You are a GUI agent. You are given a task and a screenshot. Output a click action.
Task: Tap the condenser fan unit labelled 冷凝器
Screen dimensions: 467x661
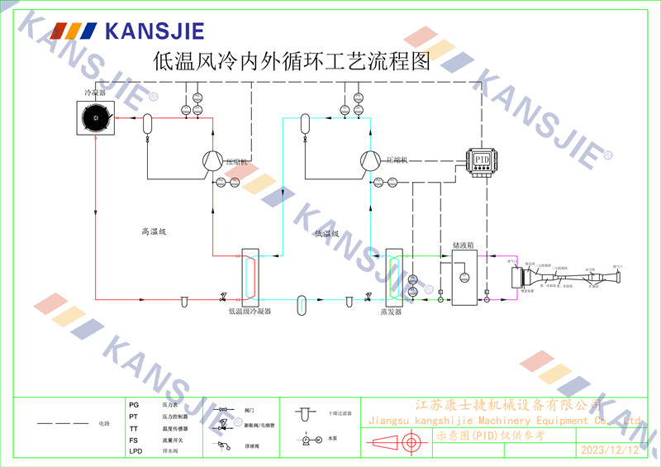tap(97, 118)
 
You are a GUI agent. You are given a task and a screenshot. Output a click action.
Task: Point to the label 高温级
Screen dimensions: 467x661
tap(155, 232)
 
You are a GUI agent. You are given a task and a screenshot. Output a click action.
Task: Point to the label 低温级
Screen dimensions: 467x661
tap(327, 234)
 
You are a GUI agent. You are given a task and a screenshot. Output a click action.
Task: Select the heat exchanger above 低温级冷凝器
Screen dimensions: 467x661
tap(249, 275)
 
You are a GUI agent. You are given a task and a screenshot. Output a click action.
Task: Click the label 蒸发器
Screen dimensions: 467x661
tap(390, 312)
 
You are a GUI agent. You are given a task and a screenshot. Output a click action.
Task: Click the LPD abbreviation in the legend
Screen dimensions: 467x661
tap(136, 452)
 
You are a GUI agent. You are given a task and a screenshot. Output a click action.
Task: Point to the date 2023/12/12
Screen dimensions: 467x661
tap(610, 450)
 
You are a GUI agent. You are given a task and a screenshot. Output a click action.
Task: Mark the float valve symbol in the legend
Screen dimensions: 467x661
tap(223, 445)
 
